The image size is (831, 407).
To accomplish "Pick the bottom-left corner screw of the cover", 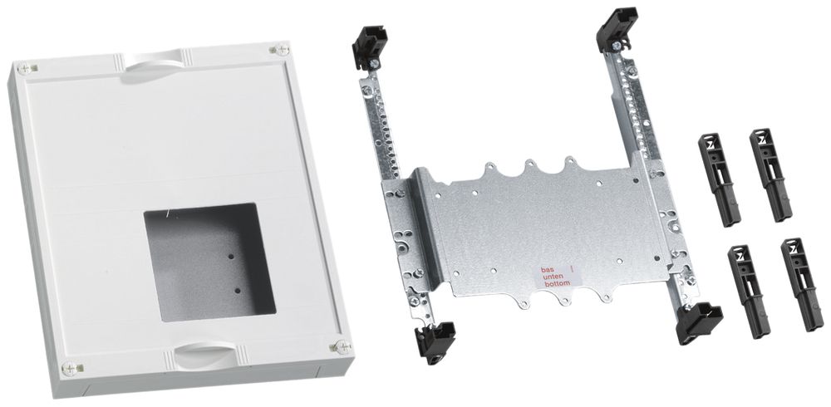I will tap(68, 366).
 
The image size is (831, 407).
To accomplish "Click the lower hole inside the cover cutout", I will tap(237, 291).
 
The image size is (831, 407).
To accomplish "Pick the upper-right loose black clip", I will tap(770, 174).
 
